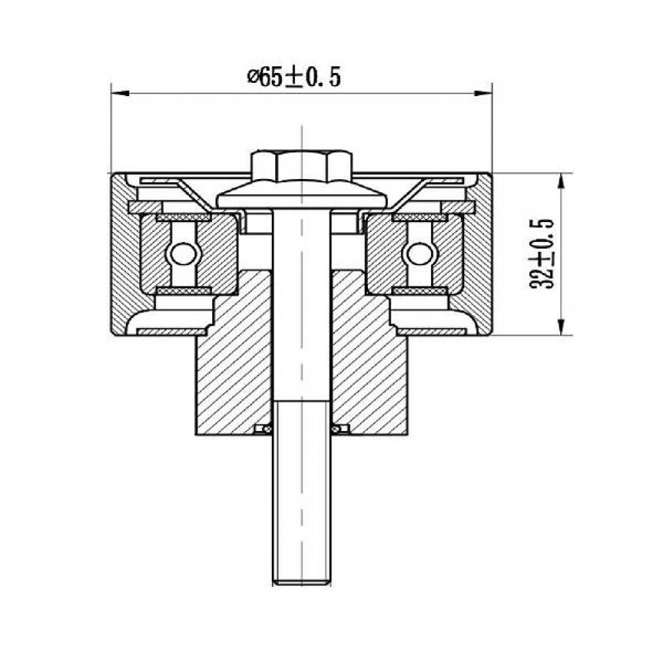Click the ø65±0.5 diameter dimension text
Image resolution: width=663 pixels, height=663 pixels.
(294, 78)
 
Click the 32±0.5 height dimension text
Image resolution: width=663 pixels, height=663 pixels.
(542, 254)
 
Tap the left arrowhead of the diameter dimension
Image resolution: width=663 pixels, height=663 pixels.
(120, 93)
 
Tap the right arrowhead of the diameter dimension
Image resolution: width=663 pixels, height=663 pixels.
(483, 93)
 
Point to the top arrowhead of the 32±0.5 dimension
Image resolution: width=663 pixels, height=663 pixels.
(561, 182)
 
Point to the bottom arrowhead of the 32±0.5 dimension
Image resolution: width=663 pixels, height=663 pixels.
(561, 326)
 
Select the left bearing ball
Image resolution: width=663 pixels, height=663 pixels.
(184, 254)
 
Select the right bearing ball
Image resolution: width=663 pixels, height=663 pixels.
(420, 254)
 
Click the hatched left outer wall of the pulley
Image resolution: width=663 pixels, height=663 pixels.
(123, 254)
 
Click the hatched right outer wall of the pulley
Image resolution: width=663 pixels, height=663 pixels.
(479, 254)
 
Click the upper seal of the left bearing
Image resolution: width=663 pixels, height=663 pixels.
(184, 217)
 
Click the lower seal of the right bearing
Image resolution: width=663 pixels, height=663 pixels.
(420, 290)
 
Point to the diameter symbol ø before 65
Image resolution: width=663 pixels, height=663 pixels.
(253, 78)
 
